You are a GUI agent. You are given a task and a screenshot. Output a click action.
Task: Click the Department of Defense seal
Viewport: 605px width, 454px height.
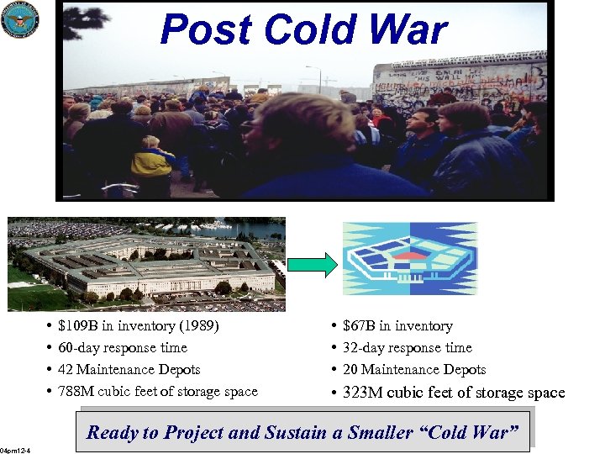[x=20, y=19]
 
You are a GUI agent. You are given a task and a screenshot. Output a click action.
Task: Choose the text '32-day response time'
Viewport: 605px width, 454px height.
[x=408, y=348]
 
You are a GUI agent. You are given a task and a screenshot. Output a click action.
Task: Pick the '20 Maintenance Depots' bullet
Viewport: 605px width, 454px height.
[x=414, y=370]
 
